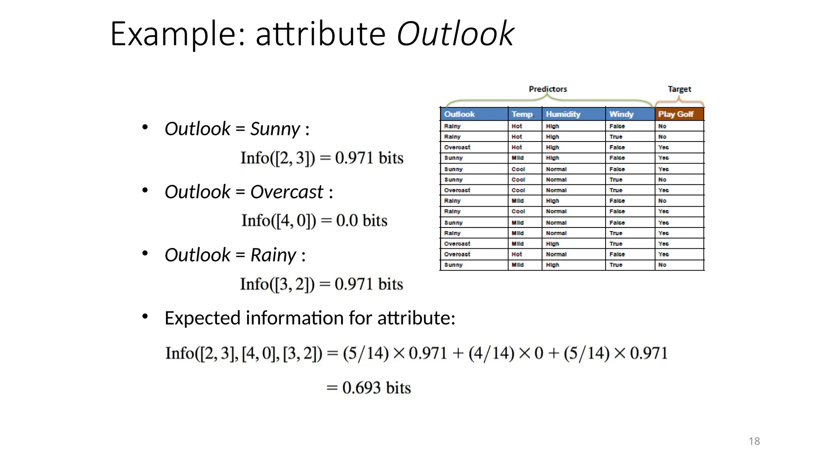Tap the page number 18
(x=754, y=441)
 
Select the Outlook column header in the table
(x=459, y=114)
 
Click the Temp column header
(x=522, y=114)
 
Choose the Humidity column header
(x=563, y=114)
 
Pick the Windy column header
(x=621, y=114)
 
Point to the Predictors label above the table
(x=548, y=89)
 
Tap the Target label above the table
(x=679, y=89)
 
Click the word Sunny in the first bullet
(x=275, y=129)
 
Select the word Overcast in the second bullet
(x=287, y=192)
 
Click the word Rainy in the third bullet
(x=273, y=255)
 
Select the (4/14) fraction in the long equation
(x=491, y=353)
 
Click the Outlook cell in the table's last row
(x=453, y=265)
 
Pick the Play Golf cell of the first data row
(x=662, y=126)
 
